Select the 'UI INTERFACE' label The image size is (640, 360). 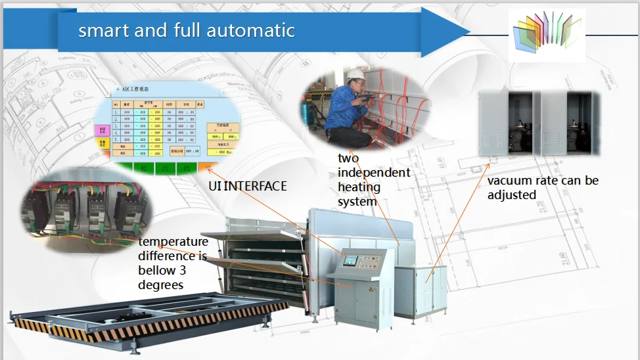[x=248, y=187]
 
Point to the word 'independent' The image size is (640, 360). [x=374, y=173]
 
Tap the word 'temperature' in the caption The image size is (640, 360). [x=173, y=242]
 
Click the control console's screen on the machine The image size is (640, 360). [x=350, y=260]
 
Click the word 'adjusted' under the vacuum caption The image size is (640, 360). [x=512, y=195]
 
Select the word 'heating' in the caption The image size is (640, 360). [x=359, y=187]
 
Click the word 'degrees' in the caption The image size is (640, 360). [x=161, y=285]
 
